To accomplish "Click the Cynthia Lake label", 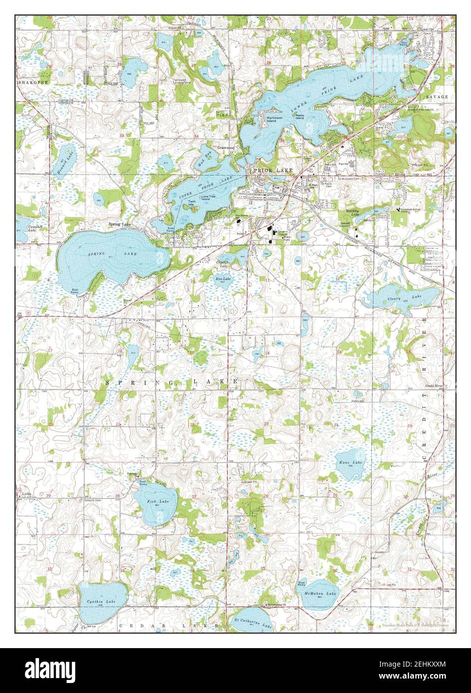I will click(x=101, y=602).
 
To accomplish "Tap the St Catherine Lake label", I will click(x=253, y=625).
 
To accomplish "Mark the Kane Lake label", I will click(x=351, y=462).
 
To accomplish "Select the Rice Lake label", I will click(x=223, y=279).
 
